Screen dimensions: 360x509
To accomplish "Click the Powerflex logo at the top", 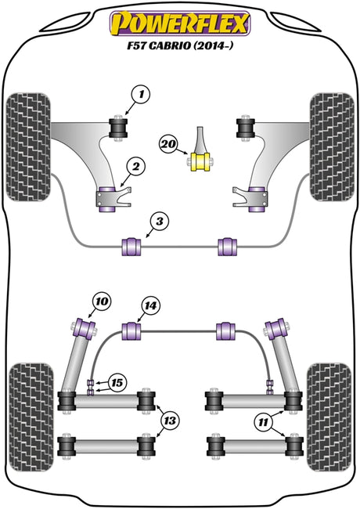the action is tap(180, 23).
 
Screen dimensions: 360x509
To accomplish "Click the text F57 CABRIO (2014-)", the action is tap(180, 45).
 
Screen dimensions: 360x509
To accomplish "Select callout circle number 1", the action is tap(141, 95).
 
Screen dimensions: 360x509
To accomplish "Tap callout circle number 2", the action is tap(135, 167).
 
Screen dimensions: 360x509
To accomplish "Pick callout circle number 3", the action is tap(159, 222).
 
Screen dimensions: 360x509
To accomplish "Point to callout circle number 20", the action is tap(168, 144).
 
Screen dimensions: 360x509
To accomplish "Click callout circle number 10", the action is tap(102, 301).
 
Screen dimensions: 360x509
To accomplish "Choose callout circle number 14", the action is tap(150, 305).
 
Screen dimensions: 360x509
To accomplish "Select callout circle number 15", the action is tap(117, 383).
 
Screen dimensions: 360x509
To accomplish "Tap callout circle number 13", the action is tap(170, 421).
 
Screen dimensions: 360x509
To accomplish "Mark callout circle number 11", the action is tap(263, 422).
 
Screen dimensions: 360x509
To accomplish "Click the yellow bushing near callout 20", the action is tap(200, 161).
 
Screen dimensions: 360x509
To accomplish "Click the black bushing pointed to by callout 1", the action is tap(117, 128).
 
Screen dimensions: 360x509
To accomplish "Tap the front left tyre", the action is tap(28, 147).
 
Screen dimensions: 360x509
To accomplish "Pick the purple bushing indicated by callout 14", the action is tap(131, 331).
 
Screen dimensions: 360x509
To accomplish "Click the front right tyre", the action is tap(332, 147).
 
